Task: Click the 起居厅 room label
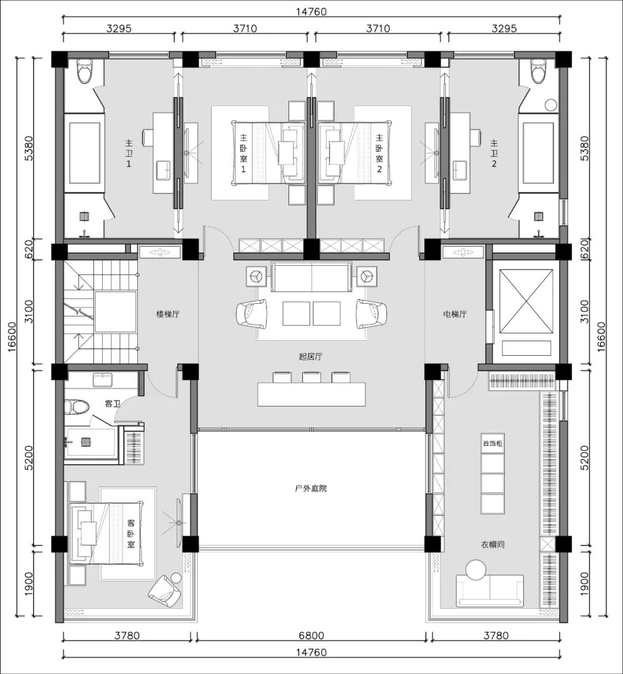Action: point(310,356)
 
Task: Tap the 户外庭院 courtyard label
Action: point(311,488)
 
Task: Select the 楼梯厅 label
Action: point(168,314)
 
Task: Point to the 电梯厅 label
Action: point(455,314)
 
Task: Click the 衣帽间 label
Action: point(493,545)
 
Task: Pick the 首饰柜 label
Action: point(492,443)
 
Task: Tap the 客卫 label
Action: point(112,404)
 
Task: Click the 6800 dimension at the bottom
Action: point(311,635)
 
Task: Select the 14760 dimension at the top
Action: point(311,12)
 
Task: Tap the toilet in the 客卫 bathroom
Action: point(76,406)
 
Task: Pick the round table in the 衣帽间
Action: point(476,570)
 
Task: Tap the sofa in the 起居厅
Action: point(311,277)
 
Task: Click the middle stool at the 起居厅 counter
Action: point(310,377)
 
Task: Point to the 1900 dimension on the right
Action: point(585,583)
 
